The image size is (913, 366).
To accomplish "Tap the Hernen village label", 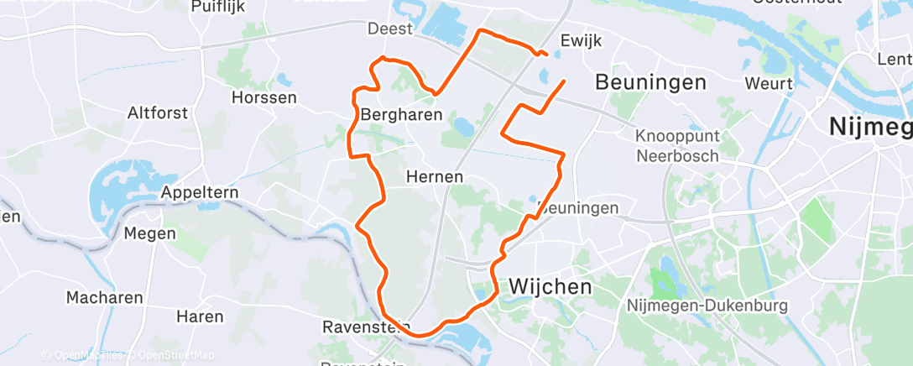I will pos(435,177).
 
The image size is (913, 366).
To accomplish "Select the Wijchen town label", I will pos(550,286).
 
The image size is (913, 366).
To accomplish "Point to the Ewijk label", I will pos(582,41).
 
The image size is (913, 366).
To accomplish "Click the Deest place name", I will pos(391,29).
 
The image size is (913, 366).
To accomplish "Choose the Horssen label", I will pos(264,97).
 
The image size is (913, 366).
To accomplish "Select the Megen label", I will pos(149,233).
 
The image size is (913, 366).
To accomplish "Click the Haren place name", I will pos(200,316).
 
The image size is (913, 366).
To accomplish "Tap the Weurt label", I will pos(769,84).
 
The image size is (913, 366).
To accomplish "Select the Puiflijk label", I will pos(217,7).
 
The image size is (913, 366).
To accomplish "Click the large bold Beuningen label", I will pos(650,82).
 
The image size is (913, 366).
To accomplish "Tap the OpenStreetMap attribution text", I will pos(173,355).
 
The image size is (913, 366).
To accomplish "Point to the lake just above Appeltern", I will pos(126,180).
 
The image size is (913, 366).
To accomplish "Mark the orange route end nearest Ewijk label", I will pos(546,55).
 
